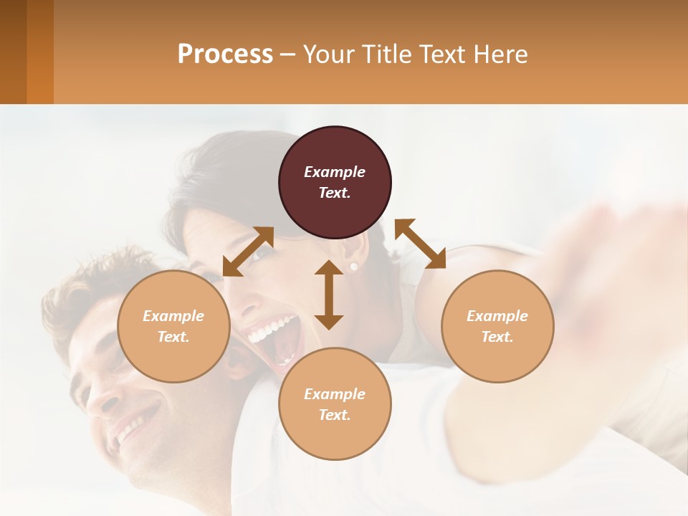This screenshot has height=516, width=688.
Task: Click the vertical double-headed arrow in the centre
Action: pyautogui.click(x=329, y=295)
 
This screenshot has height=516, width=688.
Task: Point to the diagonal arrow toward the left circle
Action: pyautogui.click(x=248, y=252)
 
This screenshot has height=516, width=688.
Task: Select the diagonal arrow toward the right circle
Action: pyautogui.click(x=420, y=244)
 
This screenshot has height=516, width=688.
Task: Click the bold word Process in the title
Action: pyautogui.click(x=225, y=54)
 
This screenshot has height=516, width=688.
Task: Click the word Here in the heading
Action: pyautogui.click(x=499, y=54)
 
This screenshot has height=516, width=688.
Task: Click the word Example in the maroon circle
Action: pyautogui.click(x=335, y=172)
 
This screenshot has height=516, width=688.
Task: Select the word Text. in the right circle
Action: pyautogui.click(x=497, y=337)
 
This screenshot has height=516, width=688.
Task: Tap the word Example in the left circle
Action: pyautogui.click(x=173, y=316)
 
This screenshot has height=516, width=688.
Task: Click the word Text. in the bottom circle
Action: pyautogui.click(x=335, y=415)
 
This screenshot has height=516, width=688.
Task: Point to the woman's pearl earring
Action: pyautogui.click(x=353, y=267)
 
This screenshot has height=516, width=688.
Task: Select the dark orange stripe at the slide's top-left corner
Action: pyautogui.click(x=13, y=52)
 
